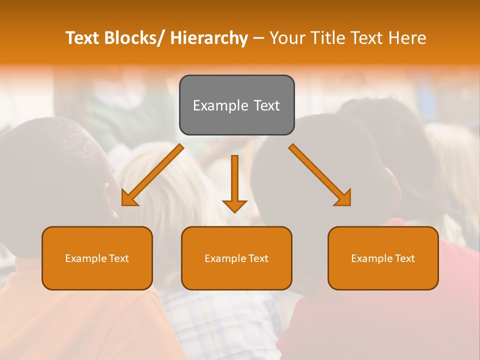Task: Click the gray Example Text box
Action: pyautogui.click(x=236, y=105)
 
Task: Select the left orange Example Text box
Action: pyautogui.click(x=97, y=258)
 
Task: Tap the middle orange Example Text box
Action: pyautogui.click(x=236, y=258)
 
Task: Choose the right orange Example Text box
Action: pyautogui.click(x=383, y=258)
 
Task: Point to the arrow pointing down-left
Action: pyautogui.click(x=152, y=175)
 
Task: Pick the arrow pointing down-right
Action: pyautogui.click(x=320, y=175)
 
